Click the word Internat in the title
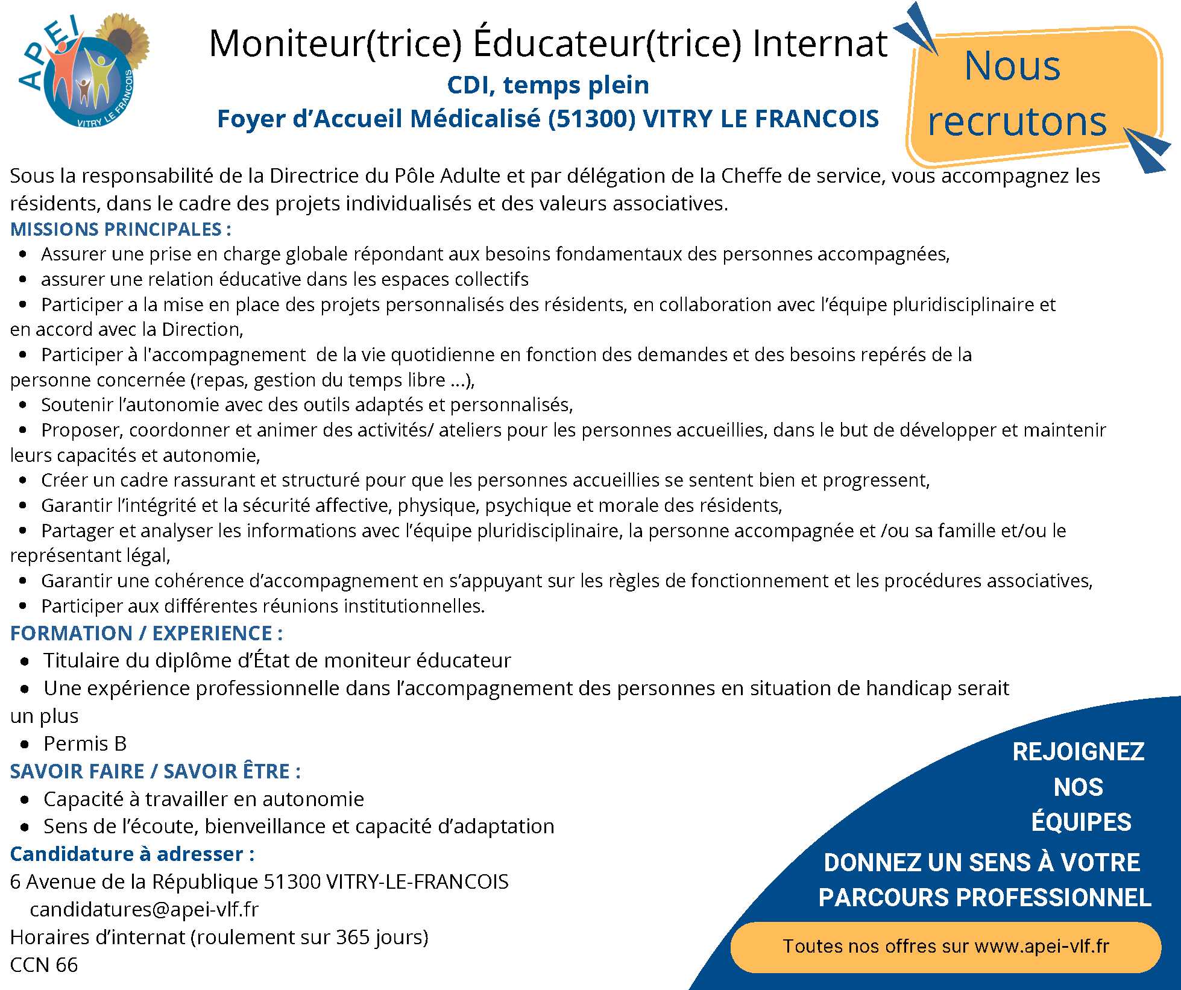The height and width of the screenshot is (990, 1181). tap(820, 43)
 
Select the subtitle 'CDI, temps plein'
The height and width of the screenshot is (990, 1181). tap(548, 85)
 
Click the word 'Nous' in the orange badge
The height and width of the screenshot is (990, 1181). tap(1012, 66)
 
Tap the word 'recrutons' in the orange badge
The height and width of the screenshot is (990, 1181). tap(1018, 121)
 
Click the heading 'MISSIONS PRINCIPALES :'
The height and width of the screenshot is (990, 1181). tap(121, 229)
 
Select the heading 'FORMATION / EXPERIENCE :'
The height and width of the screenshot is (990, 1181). tap(146, 633)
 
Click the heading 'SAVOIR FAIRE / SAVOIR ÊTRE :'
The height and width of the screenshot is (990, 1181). tap(156, 771)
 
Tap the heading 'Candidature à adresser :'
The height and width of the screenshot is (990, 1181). tap(132, 854)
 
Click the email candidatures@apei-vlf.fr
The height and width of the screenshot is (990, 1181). tap(144, 909)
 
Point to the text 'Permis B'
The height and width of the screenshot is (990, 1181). tap(85, 743)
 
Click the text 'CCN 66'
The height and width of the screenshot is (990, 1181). tap(44, 965)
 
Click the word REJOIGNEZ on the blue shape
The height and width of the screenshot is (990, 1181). tap(1078, 752)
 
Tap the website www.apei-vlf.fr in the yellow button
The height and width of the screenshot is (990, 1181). tap(1042, 946)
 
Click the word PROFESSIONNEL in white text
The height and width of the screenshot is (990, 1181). tap(1054, 897)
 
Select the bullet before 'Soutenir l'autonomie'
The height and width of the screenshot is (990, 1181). tap(24, 405)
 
